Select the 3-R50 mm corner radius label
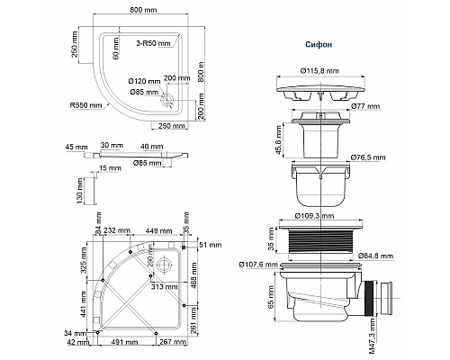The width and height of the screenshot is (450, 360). (x=155, y=43)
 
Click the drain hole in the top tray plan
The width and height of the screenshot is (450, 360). (x=164, y=101)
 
